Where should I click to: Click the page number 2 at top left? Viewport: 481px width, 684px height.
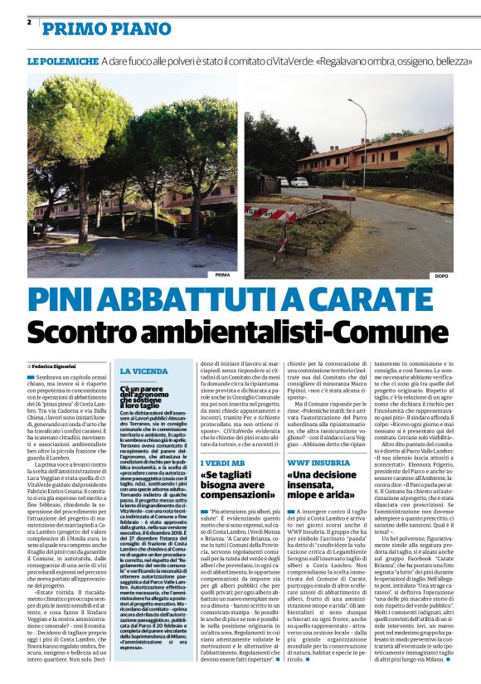pyautogui.click(x=29, y=22)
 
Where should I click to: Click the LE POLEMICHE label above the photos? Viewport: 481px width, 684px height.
pyautogui.click(x=61, y=62)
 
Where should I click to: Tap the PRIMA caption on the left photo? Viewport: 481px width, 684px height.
pyautogui.click(x=221, y=274)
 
